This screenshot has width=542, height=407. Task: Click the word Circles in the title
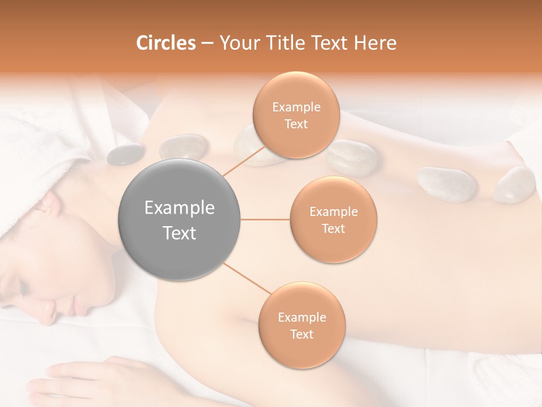[x=165, y=43]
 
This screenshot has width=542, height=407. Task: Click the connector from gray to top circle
[x=244, y=162]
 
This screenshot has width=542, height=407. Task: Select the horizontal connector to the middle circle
[x=265, y=219]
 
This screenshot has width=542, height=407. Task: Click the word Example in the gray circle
[x=180, y=208]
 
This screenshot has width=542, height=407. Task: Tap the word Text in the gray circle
[x=180, y=233]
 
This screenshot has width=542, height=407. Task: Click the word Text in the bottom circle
[x=301, y=334]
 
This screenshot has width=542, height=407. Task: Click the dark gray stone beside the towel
[x=125, y=154]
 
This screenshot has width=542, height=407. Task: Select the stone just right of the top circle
[x=352, y=157]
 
